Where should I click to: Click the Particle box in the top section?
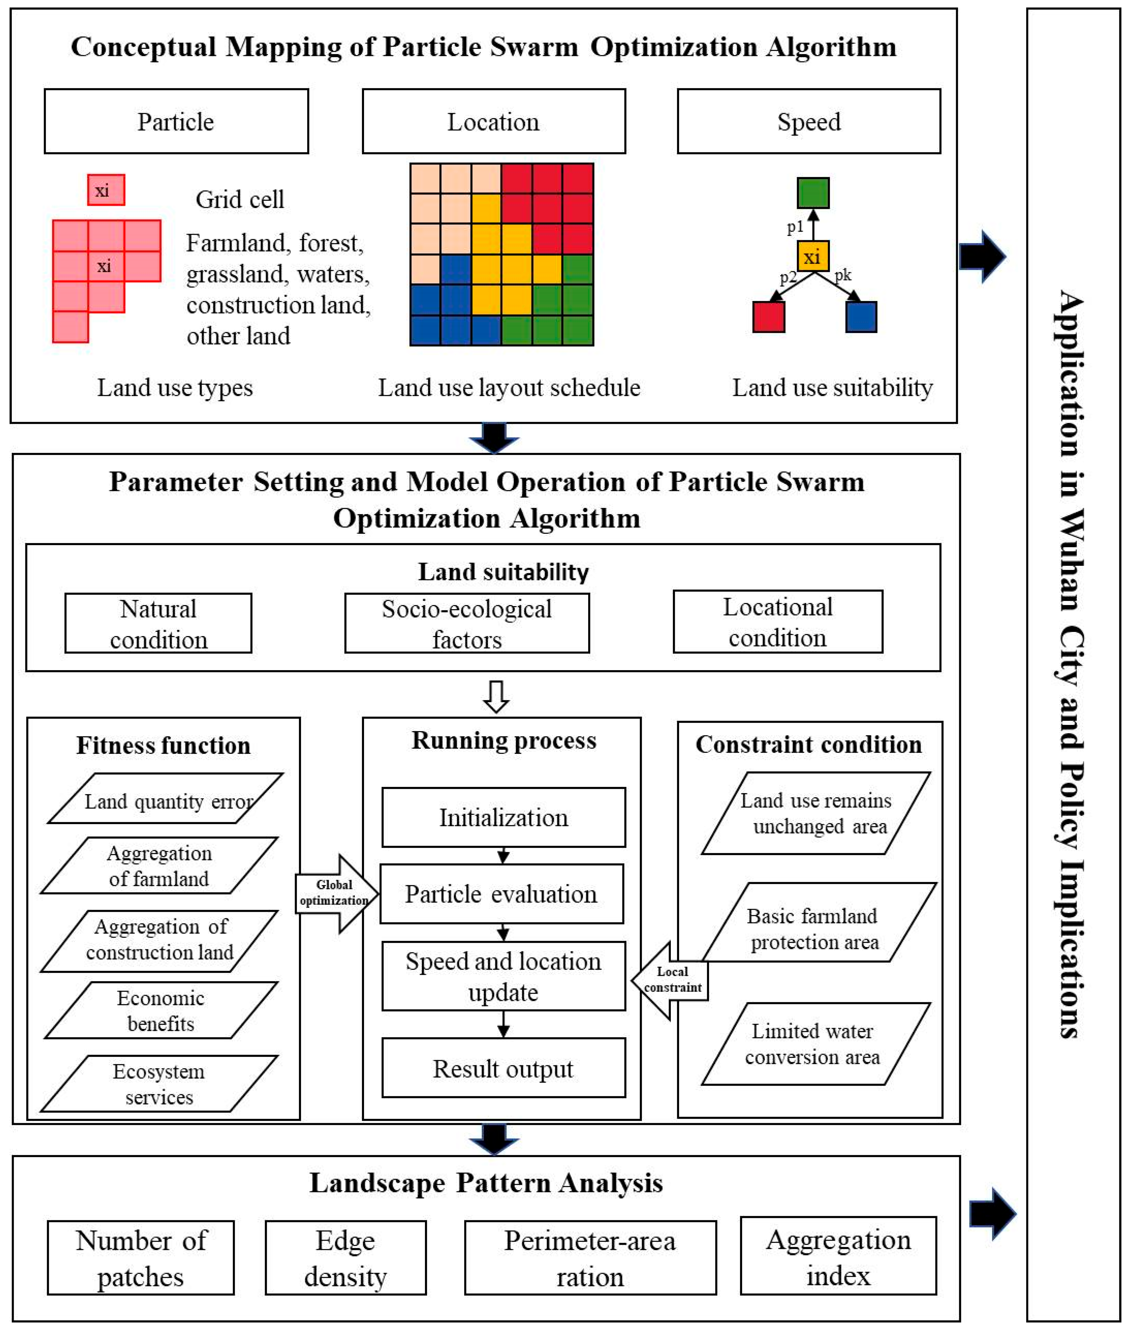coord(176,121)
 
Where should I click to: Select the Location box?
coord(493,121)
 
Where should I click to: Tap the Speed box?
coord(809,121)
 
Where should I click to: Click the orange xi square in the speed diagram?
coord(813,257)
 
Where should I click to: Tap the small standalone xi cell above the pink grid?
coord(106,190)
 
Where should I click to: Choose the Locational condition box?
coord(778,622)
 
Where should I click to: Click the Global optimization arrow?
coord(336,893)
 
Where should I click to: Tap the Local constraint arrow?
coord(670,980)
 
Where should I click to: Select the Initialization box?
coord(504,817)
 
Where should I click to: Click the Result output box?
coord(504,1069)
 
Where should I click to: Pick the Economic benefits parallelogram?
coord(160,1010)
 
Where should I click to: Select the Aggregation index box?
coord(838,1255)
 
